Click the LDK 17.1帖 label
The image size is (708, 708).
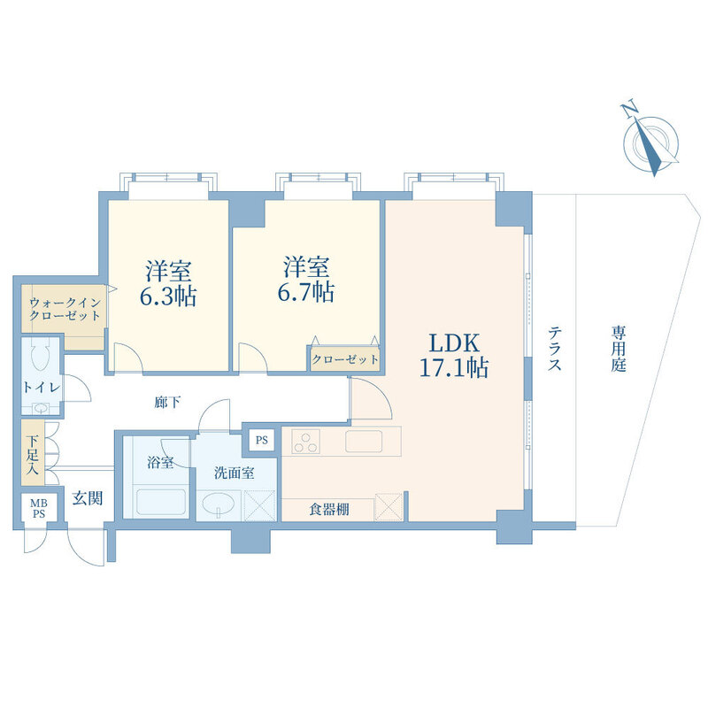[454, 356]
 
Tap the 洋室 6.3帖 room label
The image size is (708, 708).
[168, 283]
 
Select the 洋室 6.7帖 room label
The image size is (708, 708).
[306, 280]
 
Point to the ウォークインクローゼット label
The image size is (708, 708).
[65, 309]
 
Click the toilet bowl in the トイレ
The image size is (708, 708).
[42, 358]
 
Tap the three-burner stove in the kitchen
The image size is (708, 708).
[305, 441]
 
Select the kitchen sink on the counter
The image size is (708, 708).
[364, 441]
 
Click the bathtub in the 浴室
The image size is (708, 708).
[161, 502]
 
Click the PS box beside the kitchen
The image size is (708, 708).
[262, 440]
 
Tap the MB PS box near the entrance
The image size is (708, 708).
[39, 508]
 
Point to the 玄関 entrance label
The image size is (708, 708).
[88, 498]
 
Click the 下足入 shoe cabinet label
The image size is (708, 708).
[32, 454]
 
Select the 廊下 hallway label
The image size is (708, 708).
[167, 402]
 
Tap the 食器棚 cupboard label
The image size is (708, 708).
[329, 510]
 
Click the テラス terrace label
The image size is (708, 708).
[555, 349]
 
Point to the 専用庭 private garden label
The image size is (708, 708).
[619, 349]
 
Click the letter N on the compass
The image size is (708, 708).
[629, 109]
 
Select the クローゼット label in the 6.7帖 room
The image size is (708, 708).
[345, 359]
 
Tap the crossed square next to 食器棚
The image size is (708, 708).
[389, 506]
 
